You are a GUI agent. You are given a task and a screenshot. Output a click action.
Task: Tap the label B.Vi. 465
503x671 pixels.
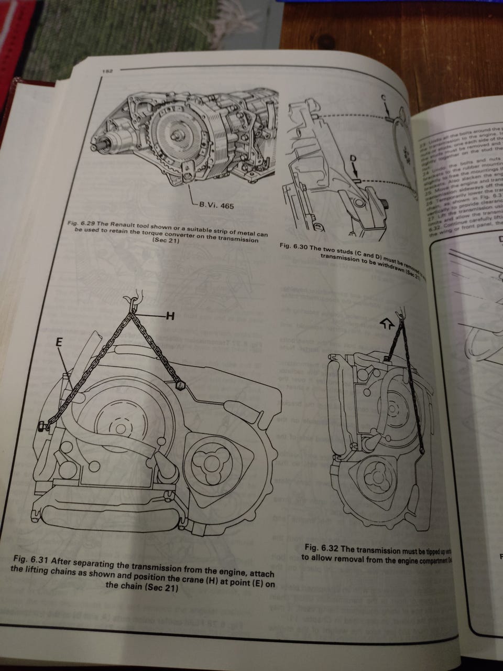[215, 206]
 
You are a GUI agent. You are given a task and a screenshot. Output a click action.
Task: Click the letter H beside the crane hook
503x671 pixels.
[169, 316]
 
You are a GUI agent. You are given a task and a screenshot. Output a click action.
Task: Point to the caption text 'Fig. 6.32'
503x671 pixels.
[321, 547]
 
